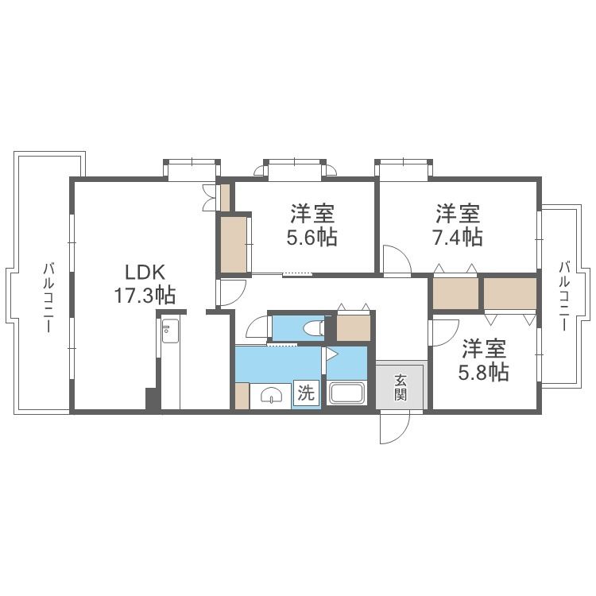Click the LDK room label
[x=145, y=273]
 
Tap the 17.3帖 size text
[x=145, y=296]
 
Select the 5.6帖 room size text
[x=312, y=237]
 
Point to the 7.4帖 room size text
[x=457, y=237]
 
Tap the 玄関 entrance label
[x=401, y=387]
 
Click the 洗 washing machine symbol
[x=306, y=393]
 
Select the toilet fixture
[x=315, y=327]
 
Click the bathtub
[x=346, y=393]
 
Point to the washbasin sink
[x=272, y=395]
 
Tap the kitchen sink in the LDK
[x=170, y=331]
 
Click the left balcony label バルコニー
[x=48, y=297]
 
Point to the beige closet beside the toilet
[x=354, y=327]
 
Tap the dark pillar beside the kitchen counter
[x=153, y=398]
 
